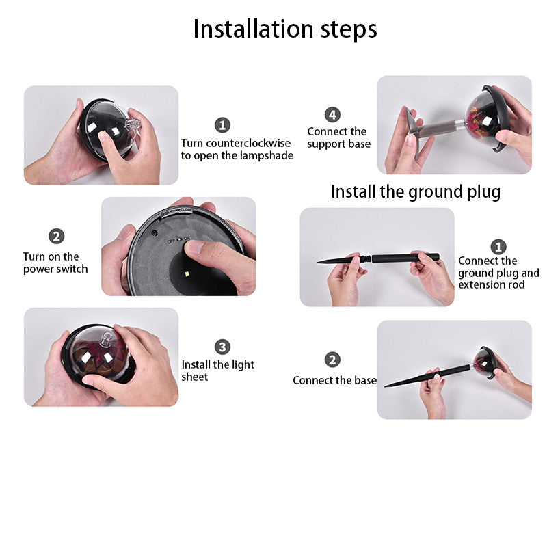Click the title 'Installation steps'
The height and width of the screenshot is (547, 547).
[285, 29]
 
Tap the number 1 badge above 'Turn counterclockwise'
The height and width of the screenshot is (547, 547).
[223, 125]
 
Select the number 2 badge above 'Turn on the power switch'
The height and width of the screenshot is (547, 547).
[57, 236]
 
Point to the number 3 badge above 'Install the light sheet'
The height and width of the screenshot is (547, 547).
[223, 347]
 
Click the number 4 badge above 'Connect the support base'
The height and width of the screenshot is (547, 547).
[332, 114]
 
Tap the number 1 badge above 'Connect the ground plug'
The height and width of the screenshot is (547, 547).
[498, 247]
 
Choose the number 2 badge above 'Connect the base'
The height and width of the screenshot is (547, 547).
[332, 360]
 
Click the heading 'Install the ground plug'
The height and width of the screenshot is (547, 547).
[416, 192]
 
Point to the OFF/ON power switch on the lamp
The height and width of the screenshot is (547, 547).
[178, 240]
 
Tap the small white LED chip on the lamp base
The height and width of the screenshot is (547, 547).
[187, 274]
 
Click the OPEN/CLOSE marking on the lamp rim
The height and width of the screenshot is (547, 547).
[176, 212]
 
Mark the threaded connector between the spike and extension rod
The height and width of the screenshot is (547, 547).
[366, 260]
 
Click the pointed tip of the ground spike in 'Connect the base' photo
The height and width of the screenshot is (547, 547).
[384, 386]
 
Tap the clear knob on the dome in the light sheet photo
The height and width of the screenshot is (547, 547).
[107, 339]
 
